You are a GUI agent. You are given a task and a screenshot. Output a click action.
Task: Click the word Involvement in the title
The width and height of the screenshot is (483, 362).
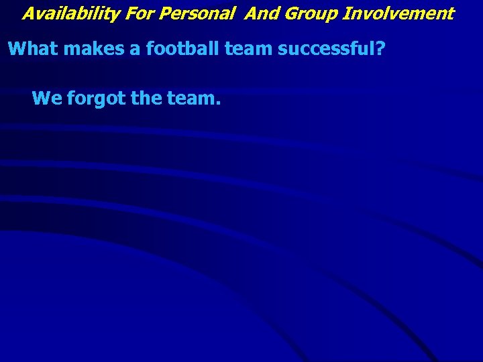point(398,13)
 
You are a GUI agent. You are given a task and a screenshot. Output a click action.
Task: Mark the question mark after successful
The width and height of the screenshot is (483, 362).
point(380,49)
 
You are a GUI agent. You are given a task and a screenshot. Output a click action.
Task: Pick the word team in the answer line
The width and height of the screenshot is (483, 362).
point(191,99)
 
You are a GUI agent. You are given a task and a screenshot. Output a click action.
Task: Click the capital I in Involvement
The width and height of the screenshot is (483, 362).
point(346,13)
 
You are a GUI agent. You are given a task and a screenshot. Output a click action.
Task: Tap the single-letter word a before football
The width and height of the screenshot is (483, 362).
point(131,50)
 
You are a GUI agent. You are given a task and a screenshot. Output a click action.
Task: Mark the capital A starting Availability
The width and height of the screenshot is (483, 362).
point(28,13)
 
